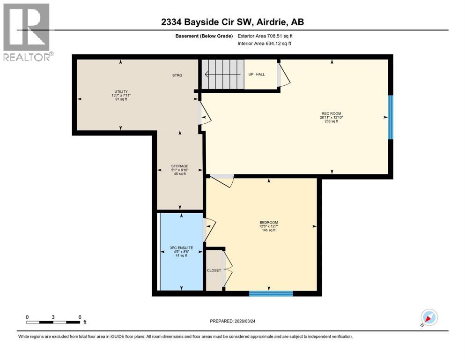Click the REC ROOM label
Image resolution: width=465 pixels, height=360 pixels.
331,113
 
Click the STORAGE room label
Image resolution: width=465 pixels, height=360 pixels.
179,166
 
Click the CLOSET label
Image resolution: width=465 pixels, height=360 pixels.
214,270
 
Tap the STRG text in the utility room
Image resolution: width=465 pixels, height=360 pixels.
177,75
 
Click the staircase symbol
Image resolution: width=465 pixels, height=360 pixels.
222,74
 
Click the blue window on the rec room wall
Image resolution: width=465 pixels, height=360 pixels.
391,117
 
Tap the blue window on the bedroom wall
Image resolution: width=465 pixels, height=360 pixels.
271,294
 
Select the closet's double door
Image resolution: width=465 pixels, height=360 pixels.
227,269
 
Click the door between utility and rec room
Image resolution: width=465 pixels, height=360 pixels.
205,114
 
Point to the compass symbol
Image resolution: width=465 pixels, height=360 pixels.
428,318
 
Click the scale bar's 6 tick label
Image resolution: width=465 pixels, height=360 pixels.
80,317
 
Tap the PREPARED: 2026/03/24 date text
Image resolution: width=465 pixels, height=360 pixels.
233,321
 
